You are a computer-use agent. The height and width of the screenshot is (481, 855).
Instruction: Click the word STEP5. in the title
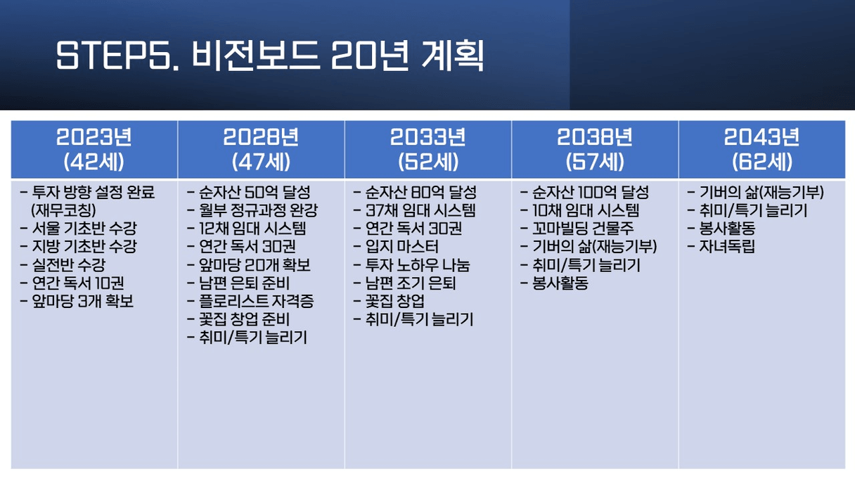[118, 56]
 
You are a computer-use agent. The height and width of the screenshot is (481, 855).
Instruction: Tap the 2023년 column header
[94, 137]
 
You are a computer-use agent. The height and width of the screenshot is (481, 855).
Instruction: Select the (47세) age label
[261, 162]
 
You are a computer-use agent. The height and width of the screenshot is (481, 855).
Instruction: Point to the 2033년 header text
[428, 137]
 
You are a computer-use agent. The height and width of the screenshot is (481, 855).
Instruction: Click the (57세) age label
[595, 162]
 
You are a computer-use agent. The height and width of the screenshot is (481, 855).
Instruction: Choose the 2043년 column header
[761, 137]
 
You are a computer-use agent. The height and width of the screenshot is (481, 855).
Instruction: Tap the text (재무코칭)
[63, 210]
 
